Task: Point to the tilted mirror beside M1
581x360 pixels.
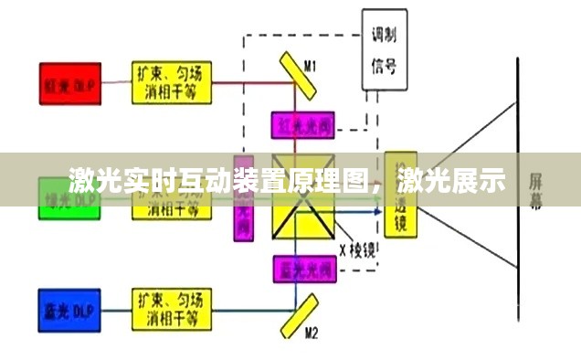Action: (x=293, y=82)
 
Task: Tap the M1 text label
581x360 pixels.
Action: (x=311, y=66)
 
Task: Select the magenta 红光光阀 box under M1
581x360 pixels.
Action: (x=301, y=124)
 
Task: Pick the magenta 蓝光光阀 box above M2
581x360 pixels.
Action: (x=301, y=268)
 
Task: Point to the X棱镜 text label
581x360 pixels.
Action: (x=357, y=248)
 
